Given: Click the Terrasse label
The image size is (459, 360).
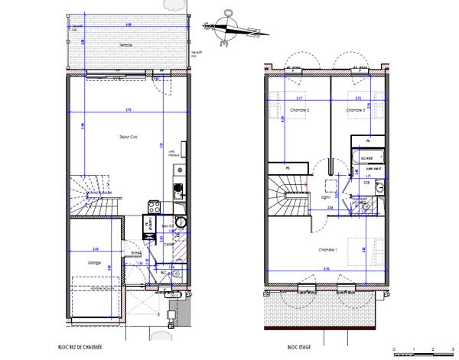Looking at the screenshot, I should pos(125,45).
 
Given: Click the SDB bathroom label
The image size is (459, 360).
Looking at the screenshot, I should pos(366,184).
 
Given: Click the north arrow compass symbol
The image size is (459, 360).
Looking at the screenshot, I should pos(228,28).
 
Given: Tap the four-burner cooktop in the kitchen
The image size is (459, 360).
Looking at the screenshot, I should pos(152,206).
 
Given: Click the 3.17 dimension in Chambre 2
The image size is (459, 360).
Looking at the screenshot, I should pos(298,99).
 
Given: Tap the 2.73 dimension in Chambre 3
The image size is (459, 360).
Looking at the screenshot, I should pos(357,99).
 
